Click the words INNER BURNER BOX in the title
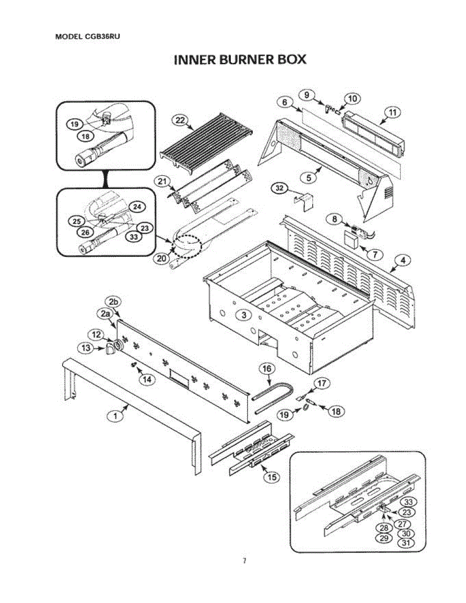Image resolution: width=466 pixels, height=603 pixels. tap(240, 60)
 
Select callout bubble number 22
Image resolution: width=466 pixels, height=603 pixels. tap(179, 120)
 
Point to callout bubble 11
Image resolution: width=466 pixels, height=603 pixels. tap(392, 113)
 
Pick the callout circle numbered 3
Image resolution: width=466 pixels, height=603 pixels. tap(243, 315)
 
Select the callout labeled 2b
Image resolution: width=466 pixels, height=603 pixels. tap(114, 302)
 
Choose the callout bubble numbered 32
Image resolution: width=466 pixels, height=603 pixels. tap(279, 188)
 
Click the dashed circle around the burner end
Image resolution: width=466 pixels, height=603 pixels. tap(187, 246)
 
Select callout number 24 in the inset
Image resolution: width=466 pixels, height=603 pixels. tap(137, 206)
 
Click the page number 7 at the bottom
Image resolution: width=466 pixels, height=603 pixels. tap(244, 561)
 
